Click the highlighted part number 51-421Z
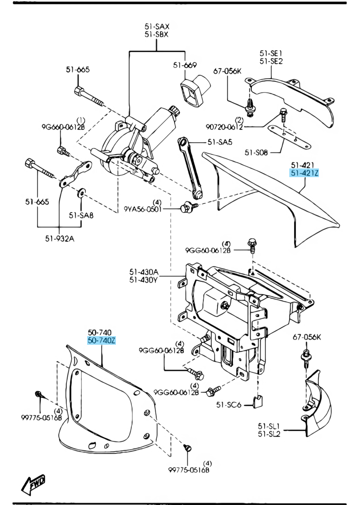(305, 173)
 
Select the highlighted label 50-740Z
(102, 340)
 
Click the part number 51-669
(185, 65)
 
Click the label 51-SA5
(219, 142)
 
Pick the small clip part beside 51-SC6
(258, 402)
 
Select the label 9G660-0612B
(62, 127)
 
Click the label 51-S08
(256, 152)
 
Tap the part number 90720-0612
(225, 127)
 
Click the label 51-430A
(144, 272)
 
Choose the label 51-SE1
(271, 53)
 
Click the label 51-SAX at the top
(157, 27)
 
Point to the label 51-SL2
(269, 433)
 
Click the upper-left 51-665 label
(78, 69)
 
